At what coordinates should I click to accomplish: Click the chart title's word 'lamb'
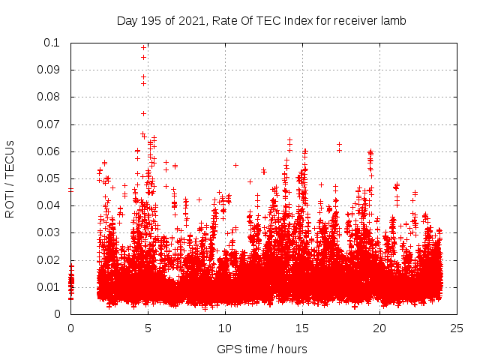coord(393,20)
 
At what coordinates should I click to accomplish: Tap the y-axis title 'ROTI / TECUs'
coord(10,178)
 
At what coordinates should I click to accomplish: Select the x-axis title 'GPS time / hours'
coord(262,349)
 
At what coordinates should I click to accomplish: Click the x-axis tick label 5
coord(148,328)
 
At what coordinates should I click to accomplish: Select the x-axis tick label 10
coord(225,328)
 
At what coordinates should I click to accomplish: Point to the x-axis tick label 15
coord(302,328)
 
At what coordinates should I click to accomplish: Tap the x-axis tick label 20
coord(379,328)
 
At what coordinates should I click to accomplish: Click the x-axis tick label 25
coord(457,328)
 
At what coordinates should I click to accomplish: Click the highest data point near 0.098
coord(143,48)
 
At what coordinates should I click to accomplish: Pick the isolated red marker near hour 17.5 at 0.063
coord(339,144)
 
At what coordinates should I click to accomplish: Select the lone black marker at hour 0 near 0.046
coord(70,190)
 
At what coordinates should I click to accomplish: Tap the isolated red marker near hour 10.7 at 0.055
coord(235,165)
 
